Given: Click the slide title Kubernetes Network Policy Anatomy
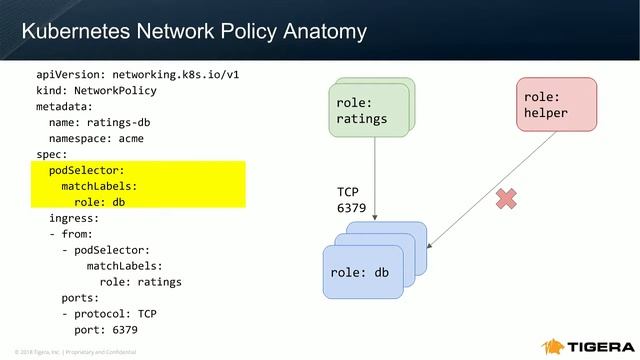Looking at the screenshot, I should [194, 32].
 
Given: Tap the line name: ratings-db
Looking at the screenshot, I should [100, 121].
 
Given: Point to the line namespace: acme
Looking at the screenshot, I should [103, 137].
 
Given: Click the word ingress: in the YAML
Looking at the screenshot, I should [74, 217].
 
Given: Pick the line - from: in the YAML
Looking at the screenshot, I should [71, 233].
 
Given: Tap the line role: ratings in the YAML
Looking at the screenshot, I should [140, 281].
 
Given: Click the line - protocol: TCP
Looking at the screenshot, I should [109, 313].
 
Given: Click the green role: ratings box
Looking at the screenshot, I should [369, 110].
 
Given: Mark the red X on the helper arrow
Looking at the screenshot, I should [506, 200].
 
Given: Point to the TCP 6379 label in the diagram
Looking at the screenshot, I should [353, 200].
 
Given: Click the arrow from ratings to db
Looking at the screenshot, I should [374, 180].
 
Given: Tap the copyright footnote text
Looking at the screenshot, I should [69, 352].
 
